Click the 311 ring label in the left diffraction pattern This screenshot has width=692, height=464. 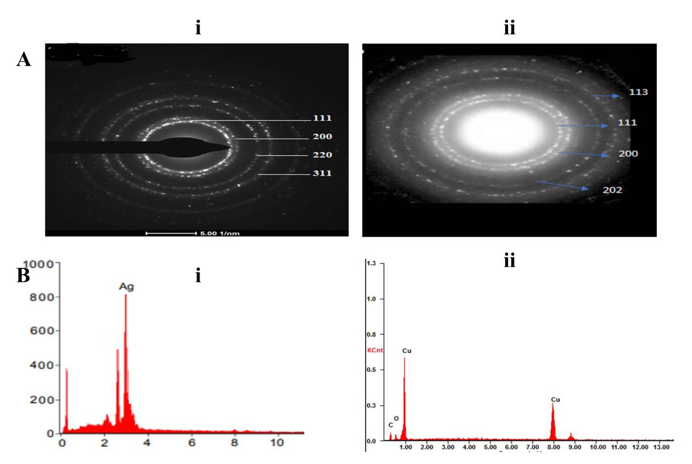click(x=322, y=173)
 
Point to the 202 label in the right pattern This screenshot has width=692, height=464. click(x=612, y=190)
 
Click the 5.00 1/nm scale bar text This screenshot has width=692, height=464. click(x=220, y=233)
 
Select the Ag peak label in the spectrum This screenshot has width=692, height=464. click(x=126, y=286)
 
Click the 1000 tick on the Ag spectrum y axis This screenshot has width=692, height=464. click(x=38, y=264)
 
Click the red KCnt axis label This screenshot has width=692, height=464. click(x=375, y=350)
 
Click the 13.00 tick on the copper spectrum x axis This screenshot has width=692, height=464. click(x=662, y=447)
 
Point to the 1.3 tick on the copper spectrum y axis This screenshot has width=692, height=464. click(x=371, y=263)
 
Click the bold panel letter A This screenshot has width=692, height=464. click(x=24, y=59)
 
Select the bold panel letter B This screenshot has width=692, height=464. click(x=23, y=275)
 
